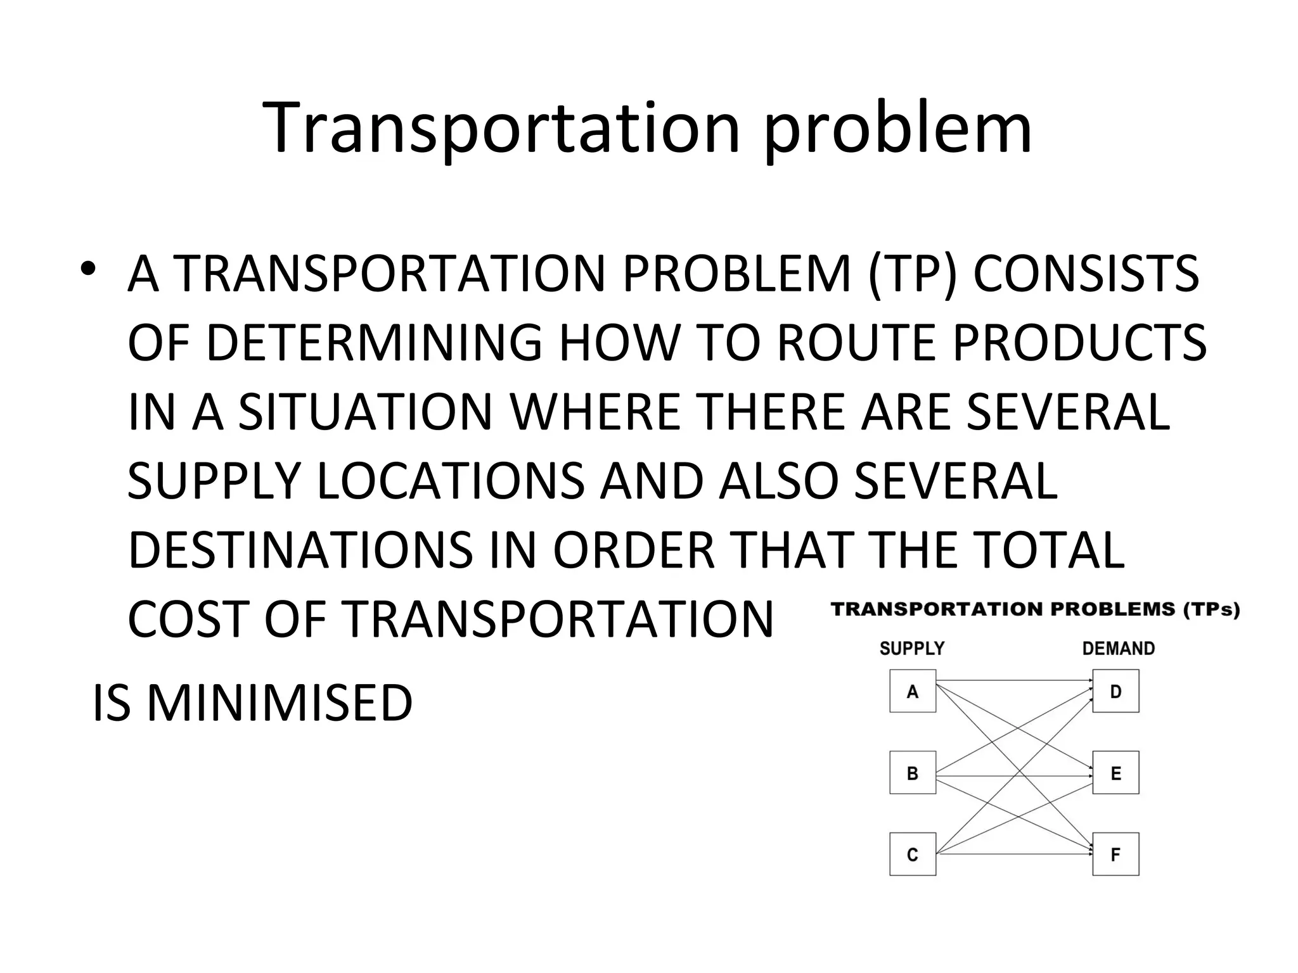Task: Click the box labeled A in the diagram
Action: (x=913, y=691)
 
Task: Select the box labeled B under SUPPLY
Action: (x=913, y=773)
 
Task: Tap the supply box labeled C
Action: (x=913, y=855)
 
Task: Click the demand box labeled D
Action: (x=1116, y=691)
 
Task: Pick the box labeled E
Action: (x=1116, y=773)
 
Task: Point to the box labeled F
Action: (x=1116, y=855)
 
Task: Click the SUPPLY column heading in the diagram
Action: (x=912, y=649)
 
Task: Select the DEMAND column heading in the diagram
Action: (x=1119, y=649)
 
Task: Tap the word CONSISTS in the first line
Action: (x=1086, y=274)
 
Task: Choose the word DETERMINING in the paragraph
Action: (x=375, y=343)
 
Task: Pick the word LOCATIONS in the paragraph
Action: (x=450, y=481)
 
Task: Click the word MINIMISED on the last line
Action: (x=280, y=703)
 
